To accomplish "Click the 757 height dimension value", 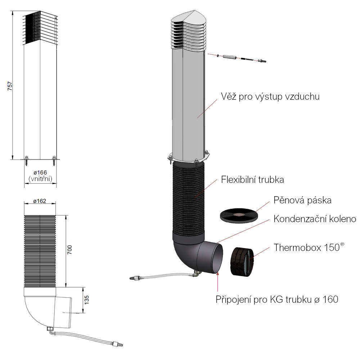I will (10, 86).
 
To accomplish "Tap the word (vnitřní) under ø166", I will (40, 179).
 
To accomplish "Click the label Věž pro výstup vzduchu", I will (270, 97).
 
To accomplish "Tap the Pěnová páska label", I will (302, 200).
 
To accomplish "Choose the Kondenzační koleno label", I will (315, 219).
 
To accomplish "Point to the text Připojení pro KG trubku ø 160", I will (276, 299).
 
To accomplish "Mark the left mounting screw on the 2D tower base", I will (27, 160).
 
